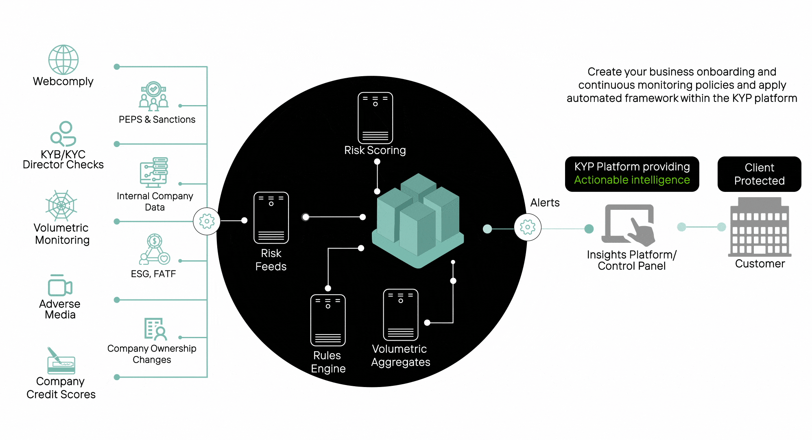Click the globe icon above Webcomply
pyautogui.click(x=63, y=59)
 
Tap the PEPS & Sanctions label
pyautogui.click(x=157, y=119)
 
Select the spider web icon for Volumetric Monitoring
pyautogui.click(x=61, y=205)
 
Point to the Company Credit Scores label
pyautogui.click(x=61, y=388)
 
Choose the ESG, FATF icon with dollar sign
pyautogui.click(x=154, y=249)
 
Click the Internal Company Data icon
pyautogui.click(x=154, y=172)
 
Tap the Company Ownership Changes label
pyautogui.click(x=152, y=354)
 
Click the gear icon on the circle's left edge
pyautogui.click(x=207, y=221)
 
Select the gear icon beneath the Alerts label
pyautogui.click(x=528, y=227)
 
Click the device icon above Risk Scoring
pyautogui.click(x=375, y=118)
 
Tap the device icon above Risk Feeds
pyautogui.click(x=271, y=218)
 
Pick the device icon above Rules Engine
pyautogui.click(x=328, y=320)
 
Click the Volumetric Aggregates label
pyautogui.click(x=400, y=355)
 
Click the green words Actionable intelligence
pyautogui.click(x=632, y=180)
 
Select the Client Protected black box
pyautogui.click(x=759, y=174)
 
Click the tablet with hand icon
pyautogui.click(x=630, y=225)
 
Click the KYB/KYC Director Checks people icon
pyautogui.click(x=63, y=134)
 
